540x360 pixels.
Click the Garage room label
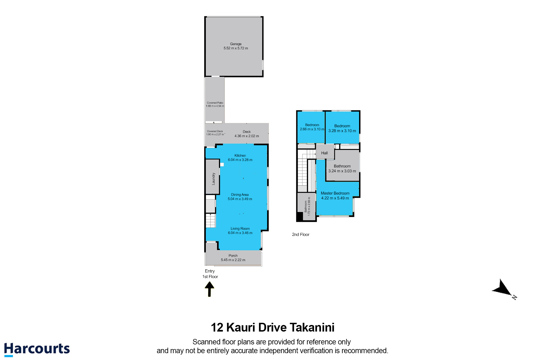pos(236,44)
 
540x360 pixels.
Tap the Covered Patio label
pos(215,103)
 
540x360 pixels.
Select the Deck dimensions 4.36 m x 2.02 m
pos(247,136)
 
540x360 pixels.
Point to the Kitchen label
pos(240,155)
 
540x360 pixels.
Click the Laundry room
pos(213,176)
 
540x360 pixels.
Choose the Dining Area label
pos(240,195)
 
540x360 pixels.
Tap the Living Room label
pos(240,229)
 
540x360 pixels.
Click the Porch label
pos(233,256)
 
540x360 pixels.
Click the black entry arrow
pos(209,289)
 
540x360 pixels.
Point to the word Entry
pos(210,271)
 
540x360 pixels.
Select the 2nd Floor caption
pos(301,234)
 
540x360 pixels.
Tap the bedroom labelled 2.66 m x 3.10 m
pos(311,127)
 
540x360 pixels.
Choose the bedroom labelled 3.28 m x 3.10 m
pos(342,127)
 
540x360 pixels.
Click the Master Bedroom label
pos(335,193)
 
